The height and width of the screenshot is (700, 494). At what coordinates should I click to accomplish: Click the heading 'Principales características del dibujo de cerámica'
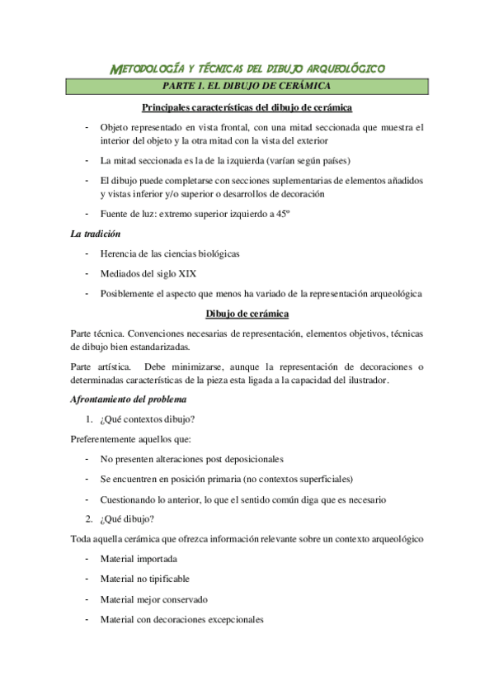coord(247,107)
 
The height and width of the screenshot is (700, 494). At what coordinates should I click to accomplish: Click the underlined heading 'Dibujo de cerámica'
coord(247,314)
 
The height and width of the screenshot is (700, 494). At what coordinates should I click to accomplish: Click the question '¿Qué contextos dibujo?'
coord(148,419)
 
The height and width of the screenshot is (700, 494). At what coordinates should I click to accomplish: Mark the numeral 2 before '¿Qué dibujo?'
coord(89,518)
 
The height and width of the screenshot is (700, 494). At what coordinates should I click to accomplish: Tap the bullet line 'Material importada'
coord(139,559)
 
